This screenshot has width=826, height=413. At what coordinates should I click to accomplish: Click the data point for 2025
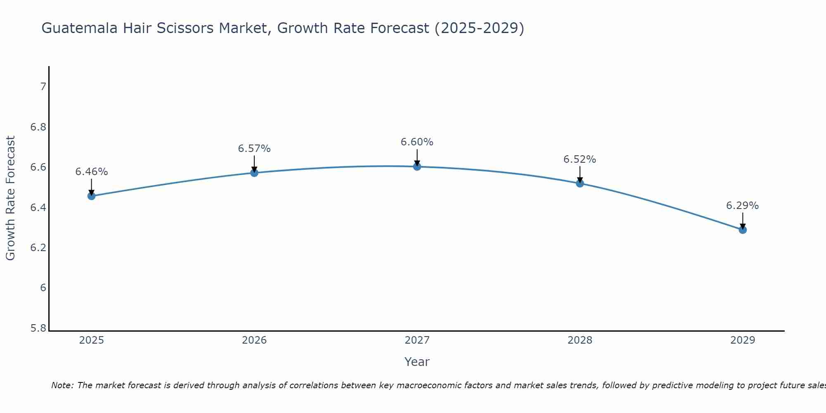tap(92, 196)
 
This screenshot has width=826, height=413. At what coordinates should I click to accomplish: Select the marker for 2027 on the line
tap(417, 166)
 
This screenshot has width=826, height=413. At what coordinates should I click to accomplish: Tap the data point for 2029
tap(743, 230)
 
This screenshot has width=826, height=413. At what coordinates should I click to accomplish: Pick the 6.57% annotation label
tap(254, 149)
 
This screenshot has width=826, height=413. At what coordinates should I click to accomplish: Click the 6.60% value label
tap(417, 142)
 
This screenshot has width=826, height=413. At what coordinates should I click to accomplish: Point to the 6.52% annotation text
tap(580, 159)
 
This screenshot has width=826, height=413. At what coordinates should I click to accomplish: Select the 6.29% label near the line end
tap(742, 206)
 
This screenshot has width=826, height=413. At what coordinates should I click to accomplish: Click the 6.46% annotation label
tap(92, 172)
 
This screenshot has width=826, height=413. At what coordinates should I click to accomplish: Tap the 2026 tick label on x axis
tap(254, 340)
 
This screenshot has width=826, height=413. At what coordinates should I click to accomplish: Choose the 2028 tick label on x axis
tap(580, 340)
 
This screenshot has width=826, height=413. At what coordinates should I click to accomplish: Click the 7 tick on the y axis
tap(43, 87)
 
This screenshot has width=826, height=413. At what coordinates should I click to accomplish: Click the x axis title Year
tap(417, 362)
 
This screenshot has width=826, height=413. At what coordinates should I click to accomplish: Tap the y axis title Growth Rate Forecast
tap(10, 198)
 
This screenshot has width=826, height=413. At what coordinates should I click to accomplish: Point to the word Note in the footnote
tap(62, 385)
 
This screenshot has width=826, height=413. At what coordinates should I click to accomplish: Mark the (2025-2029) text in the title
tap(479, 28)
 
